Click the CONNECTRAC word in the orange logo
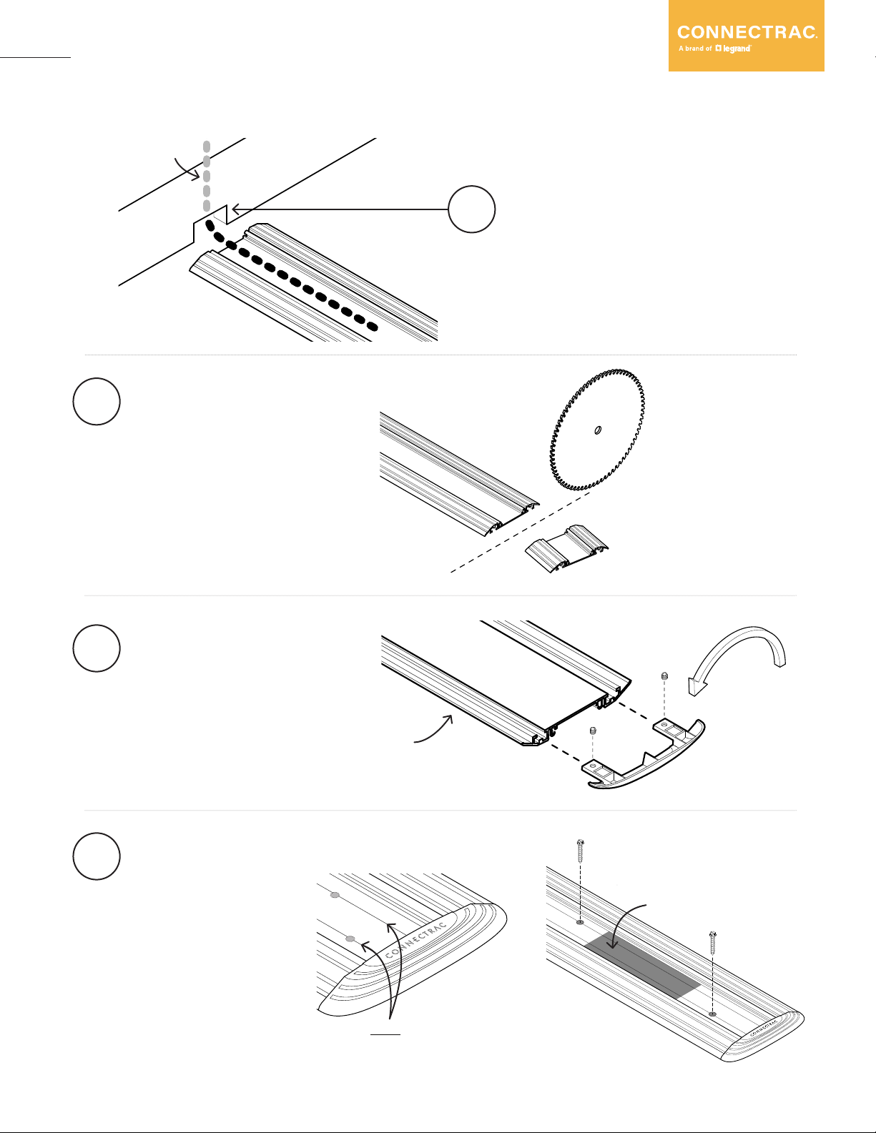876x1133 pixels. (x=747, y=32)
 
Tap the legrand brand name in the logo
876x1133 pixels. (x=736, y=49)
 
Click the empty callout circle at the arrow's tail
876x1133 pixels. (x=472, y=209)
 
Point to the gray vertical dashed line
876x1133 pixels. (x=207, y=176)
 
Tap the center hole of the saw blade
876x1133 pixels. (x=597, y=430)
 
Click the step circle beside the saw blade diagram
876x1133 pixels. (x=97, y=402)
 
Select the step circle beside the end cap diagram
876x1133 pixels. (x=97, y=648)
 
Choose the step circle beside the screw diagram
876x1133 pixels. (x=97, y=856)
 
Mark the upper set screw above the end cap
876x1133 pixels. (x=664, y=676)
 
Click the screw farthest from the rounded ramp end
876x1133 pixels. (x=579, y=851)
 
